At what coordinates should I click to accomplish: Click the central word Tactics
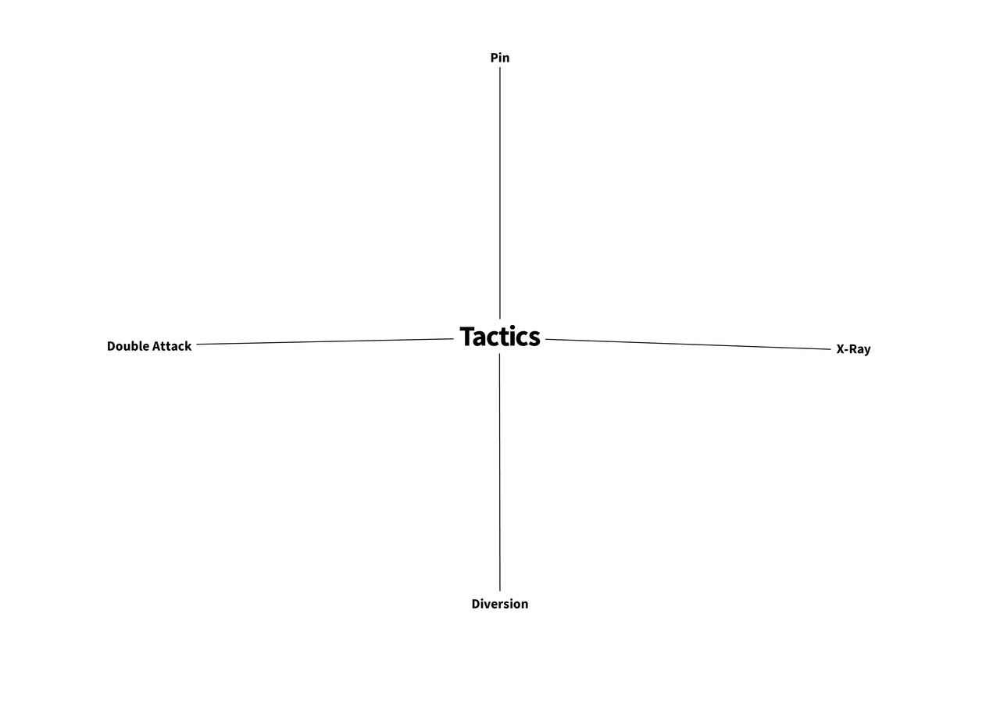(499, 337)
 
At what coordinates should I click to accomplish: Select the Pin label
(499, 58)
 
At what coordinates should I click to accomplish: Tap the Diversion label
(499, 604)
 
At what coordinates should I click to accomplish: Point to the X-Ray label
(853, 349)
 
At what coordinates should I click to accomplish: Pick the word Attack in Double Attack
(172, 346)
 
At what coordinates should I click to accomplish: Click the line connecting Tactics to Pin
(499, 193)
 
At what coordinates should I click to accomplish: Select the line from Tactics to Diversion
(499, 472)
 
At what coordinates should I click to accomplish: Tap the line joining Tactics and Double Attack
(325, 341)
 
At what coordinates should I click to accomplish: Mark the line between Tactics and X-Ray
(688, 345)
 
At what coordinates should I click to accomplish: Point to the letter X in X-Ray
(841, 349)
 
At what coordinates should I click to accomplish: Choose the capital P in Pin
(495, 58)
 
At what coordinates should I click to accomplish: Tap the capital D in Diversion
(476, 604)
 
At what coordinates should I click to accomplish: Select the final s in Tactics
(534, 339)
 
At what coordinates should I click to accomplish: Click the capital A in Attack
(157, 346)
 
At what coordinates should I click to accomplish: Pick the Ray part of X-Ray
(861, 349)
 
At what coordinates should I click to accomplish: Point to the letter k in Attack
(188, 346)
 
